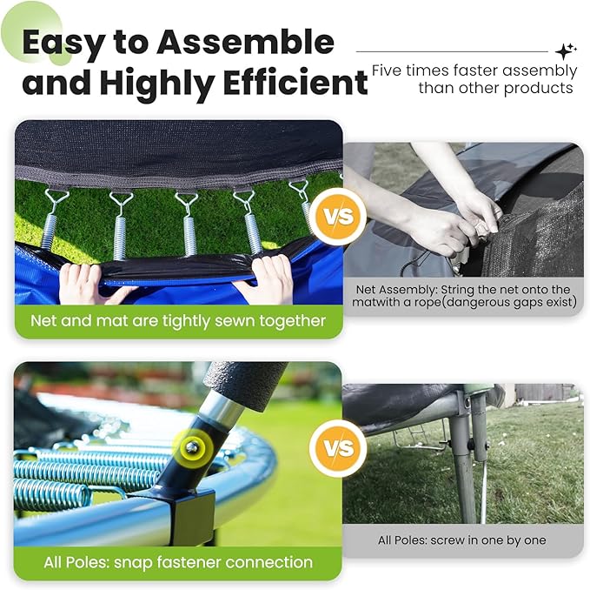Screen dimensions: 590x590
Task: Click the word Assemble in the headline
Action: coord(246,42)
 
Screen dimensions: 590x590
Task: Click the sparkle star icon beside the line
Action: coord(566,51)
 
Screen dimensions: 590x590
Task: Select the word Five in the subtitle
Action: coord(387,70)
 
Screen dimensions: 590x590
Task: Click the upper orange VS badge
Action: coord(340,217)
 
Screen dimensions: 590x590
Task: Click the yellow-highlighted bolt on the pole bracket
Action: coord(192,446)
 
